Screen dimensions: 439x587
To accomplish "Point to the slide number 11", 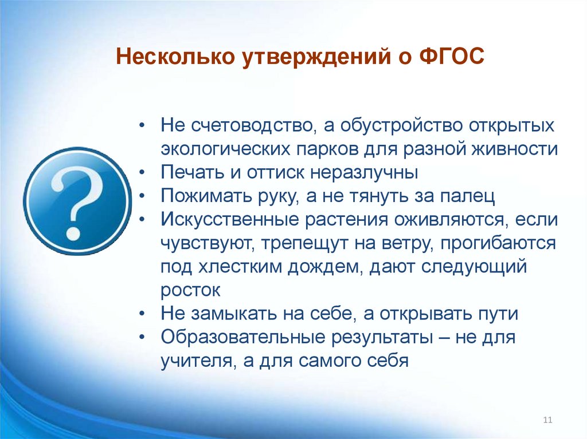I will click(547, 421).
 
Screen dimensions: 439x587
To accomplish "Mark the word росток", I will click(191, 290).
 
